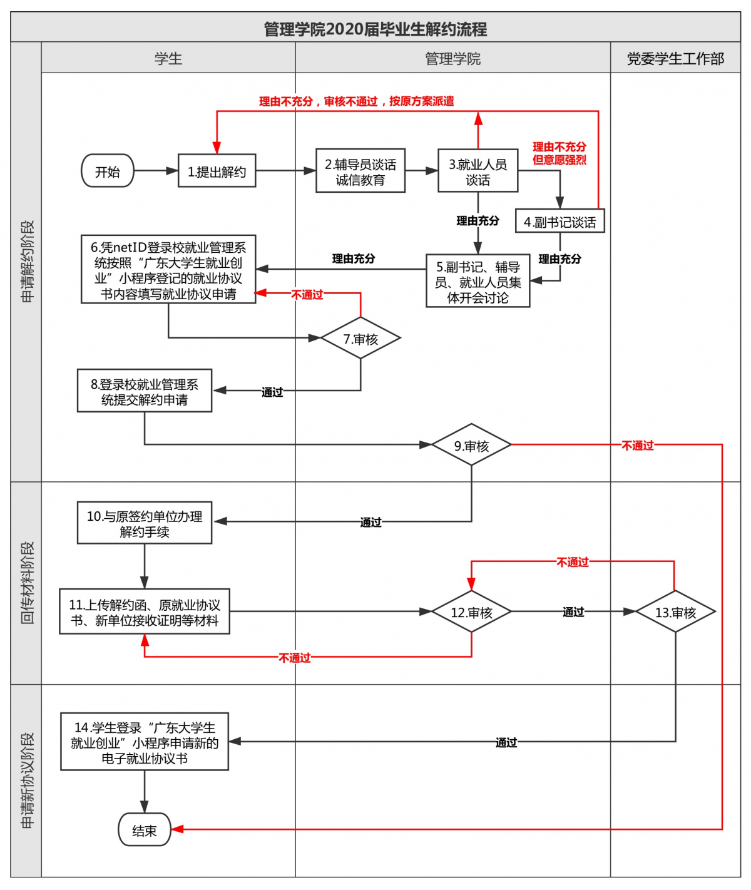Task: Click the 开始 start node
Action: [108, 171]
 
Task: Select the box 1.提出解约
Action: [217, 171]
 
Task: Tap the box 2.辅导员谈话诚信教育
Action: [360, 171]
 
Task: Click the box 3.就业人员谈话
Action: [478, 171]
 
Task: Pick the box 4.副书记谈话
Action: [559, 222]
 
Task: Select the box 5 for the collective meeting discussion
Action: [478, 281]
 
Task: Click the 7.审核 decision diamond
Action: [360, 339]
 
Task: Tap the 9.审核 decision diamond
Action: [471, 445]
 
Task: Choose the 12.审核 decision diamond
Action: [471, 611]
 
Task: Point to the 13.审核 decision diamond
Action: [675, 611]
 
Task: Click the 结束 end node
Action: [145, 830]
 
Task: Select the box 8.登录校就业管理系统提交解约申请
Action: [145, 391]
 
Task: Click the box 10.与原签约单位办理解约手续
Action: [145, 523]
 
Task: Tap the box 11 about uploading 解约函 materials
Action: [145, 611]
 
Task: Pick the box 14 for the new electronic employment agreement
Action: [145, 742]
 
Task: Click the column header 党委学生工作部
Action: [675, 58]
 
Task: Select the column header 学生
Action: [168, 58]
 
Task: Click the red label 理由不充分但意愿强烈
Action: [559, 153]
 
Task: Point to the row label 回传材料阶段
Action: [27, 583]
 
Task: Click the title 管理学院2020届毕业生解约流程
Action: [375, 28]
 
